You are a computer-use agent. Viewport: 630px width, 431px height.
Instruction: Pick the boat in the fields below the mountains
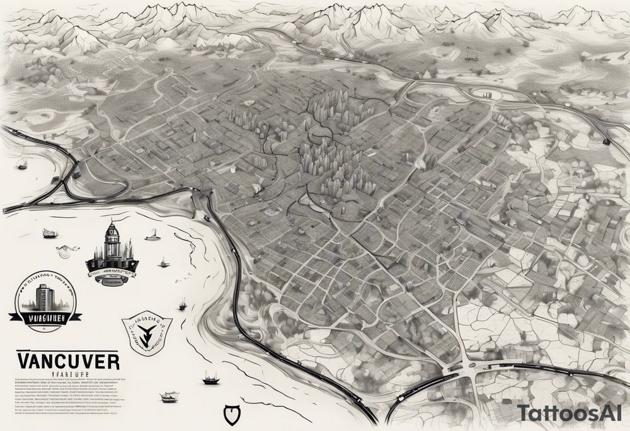tap(471, 55)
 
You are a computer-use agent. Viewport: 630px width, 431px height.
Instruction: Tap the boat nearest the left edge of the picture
tap(23, 165)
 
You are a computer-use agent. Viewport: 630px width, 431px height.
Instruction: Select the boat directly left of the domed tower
tap(50, 234)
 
